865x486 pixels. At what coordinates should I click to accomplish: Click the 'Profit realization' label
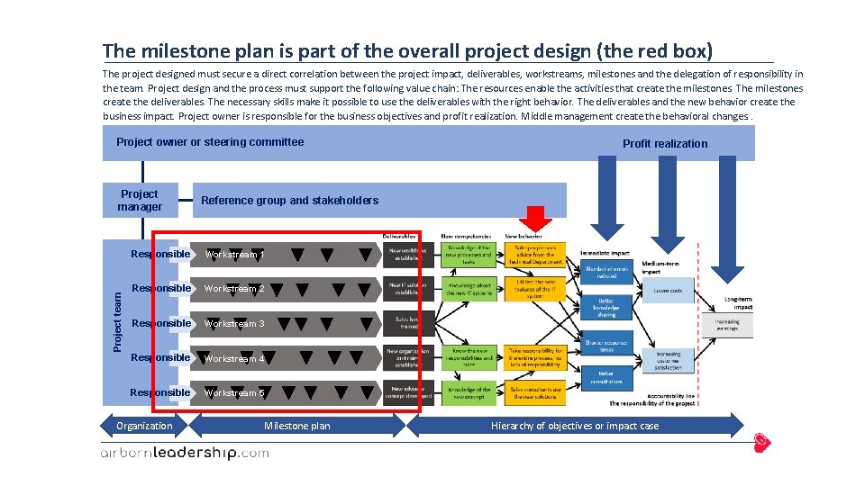tap(665, 144)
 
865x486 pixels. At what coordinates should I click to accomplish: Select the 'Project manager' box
tap(140, 201)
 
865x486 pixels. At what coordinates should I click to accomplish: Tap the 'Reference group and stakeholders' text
tap(289, 201)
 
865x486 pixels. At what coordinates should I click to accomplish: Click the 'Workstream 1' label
tap(234, 255)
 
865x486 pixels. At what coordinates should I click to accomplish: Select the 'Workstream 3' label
tap(234, 323)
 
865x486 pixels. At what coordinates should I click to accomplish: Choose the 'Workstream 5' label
tap(234, 393)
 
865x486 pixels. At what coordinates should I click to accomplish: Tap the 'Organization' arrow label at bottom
tap(144, 426)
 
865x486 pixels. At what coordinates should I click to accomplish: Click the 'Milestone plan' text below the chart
tap(296, 426)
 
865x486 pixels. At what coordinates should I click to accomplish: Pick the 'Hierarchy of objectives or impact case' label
tap(574, 426)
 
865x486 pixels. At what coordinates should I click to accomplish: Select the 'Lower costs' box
tap(668, 291)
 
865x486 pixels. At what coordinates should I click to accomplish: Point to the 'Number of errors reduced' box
tap(606, 272)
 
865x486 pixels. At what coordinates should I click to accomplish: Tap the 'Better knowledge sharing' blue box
tap(606, 309)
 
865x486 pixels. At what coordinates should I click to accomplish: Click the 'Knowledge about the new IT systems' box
tap(469, 288)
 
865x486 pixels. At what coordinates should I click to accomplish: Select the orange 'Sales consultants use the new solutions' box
tap(538, 393)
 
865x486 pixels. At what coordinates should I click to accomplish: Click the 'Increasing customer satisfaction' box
tap(668, 360)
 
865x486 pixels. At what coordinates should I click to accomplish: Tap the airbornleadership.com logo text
tap(184, 454)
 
